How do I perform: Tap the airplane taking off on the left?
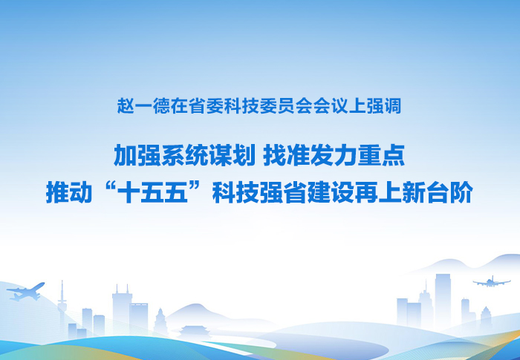[x=26, y=291]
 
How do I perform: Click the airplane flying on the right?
[x=492, y=282]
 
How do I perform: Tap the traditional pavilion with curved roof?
[x=193, y=331]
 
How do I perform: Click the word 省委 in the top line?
[x=207, y=106]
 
